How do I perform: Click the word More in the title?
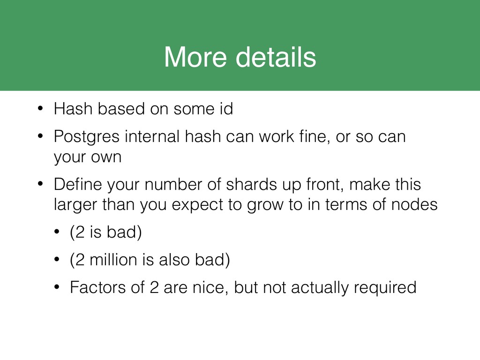pos(195,57)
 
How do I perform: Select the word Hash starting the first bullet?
pos(73,109)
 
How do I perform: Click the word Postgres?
pos(87,137)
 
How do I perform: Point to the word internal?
pos(152,136)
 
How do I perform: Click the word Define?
pos(78,184)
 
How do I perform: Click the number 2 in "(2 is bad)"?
pos(80,232)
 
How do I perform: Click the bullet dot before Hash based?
pos(40,108)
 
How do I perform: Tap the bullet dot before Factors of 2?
pos(56,287)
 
